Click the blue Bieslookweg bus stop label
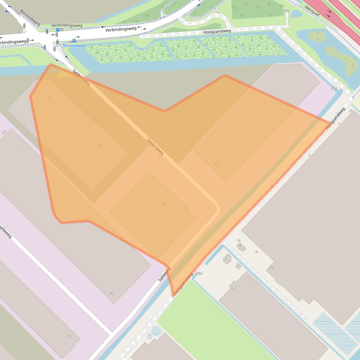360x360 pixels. [74, 46]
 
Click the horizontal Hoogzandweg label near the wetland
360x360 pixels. [218, 32]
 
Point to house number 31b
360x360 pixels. [287, 11]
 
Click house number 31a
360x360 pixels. [333, 88]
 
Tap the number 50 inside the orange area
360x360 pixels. [49, 97]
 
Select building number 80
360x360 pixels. [216, 163]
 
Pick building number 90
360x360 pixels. [162, 204]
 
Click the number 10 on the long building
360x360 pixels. [99, 145]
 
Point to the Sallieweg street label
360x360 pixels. [164, 274]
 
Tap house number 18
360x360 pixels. [239, 246]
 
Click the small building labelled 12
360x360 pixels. [225, 259]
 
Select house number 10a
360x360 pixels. [199, 273]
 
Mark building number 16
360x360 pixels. [232, 289]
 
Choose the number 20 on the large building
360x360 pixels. [272, 267]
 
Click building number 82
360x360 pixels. [111, 294]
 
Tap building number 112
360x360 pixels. [69, 336]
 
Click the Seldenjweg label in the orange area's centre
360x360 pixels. [155, 147]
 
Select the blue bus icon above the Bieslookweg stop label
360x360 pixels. [74, 41]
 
